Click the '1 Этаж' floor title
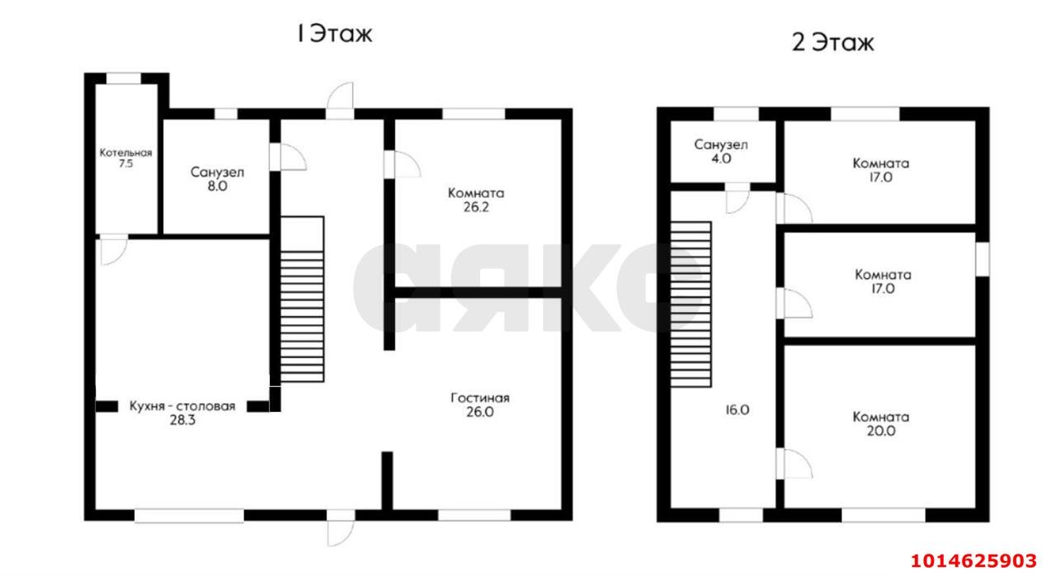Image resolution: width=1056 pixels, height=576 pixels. tap(334, 34)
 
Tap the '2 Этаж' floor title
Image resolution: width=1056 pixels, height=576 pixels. tap(832, 42)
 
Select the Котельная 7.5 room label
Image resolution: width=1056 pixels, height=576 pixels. tap(126, 158)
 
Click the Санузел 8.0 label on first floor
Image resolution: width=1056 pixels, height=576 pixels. tap(217, 179)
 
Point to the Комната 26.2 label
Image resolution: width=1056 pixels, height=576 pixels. tap(476, 200)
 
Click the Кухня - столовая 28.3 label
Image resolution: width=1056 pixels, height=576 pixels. tap(182, 413)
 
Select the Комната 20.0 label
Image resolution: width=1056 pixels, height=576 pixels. tap(881, 423)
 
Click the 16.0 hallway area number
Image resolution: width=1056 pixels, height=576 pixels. tap(738, 409)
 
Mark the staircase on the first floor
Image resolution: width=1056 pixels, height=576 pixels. tap(302, 300)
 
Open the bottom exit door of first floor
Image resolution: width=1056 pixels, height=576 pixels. tap(340, 528)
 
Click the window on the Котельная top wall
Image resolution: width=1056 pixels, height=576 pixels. tap(124, 78)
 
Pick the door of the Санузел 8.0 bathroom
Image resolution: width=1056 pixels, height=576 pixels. tap(285, 158)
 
